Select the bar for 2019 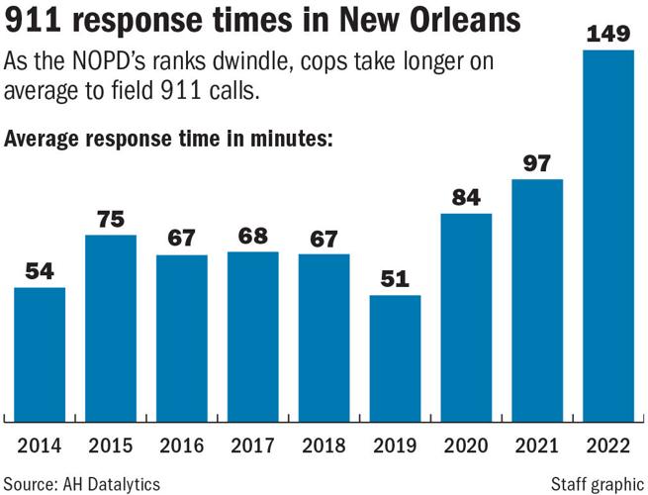(x=396, y=357)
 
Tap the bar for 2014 (x=40, y=353)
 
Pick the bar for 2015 (x=111, y=327)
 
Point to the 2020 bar (x=467, y=316)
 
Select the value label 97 (x=538, y=163)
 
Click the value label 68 (x=253, y=237)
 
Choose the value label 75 (x=111, y=219)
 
